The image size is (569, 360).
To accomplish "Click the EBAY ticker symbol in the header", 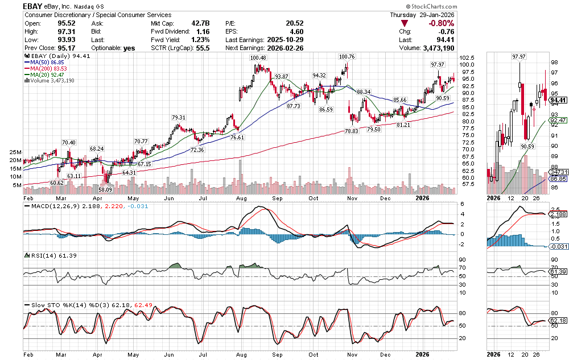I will point(35,6).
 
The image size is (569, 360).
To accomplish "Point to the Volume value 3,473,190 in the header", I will point(434,48).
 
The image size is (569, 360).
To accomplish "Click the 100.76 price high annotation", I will point(347,57).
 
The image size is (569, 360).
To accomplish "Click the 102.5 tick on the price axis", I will point(467,58).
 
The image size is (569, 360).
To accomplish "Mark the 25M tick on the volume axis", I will point(15,152).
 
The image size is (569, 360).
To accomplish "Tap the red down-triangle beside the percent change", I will point(404,23).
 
